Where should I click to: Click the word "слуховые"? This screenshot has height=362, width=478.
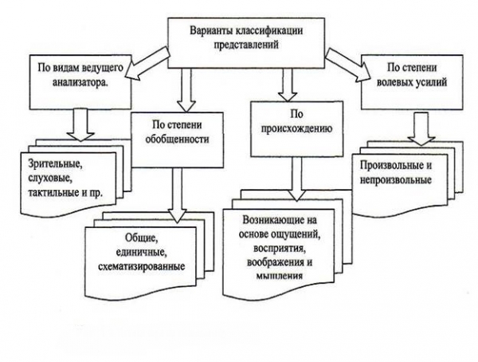49,178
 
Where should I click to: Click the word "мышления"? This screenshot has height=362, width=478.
273,276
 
